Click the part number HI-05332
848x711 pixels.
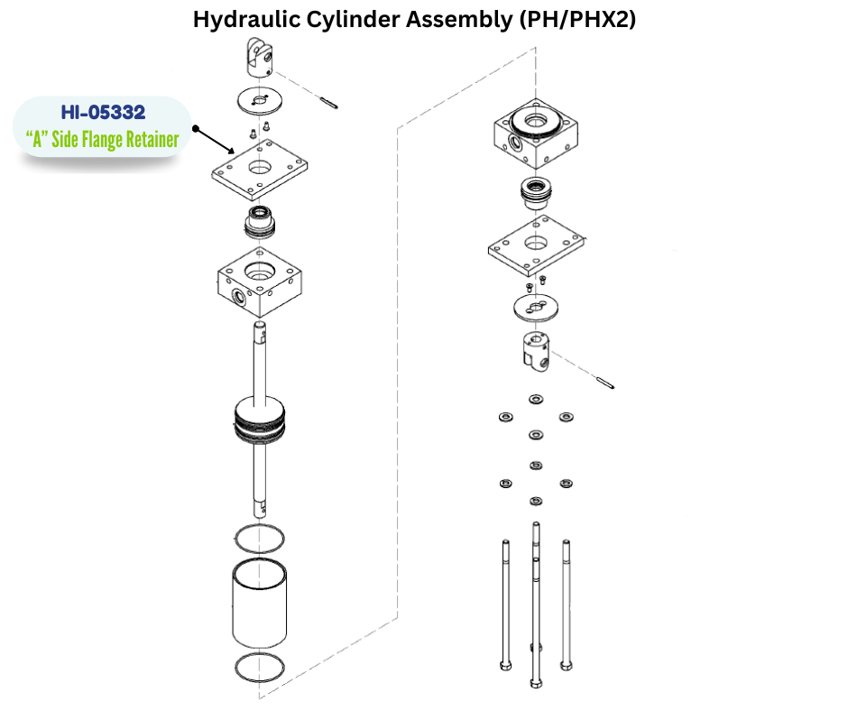(x=103, y=113)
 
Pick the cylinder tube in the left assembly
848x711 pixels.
(x=260, y=601)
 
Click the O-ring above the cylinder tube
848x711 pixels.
(x=260, y=539)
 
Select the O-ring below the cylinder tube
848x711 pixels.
(x=259, y=668)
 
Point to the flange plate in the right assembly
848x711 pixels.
(x=537, y=248)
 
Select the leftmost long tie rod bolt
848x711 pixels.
(x=503, y=605)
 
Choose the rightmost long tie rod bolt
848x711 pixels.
(x=566, y=605)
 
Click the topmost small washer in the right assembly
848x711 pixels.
(x=536, y=398)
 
